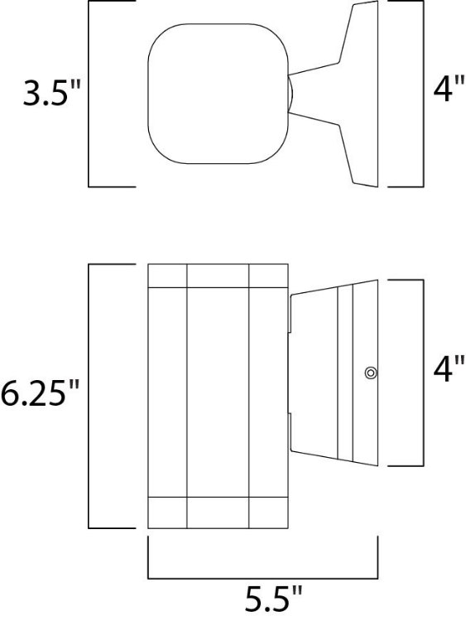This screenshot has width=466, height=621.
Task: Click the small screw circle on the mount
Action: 370,373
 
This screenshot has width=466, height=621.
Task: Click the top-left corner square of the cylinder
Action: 167,276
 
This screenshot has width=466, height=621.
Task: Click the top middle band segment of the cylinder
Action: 219,276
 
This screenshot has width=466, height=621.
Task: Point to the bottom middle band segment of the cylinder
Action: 219,512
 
